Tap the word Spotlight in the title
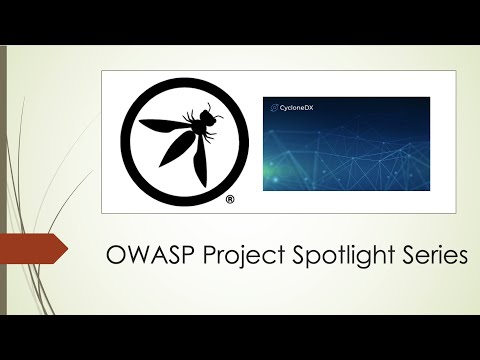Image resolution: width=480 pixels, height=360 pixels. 332,257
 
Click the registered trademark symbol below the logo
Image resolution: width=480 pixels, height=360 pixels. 229,200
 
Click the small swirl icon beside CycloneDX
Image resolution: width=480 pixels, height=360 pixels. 269,106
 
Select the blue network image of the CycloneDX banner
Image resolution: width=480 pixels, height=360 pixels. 345,150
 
